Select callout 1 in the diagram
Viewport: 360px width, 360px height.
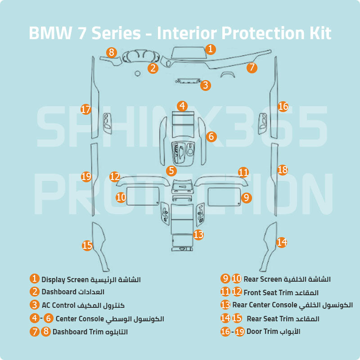click(210, 49)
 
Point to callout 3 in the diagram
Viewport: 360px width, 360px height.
click(205, 85)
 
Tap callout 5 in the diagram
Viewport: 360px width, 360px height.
click(171, 171)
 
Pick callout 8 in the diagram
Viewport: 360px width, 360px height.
click(112, 52)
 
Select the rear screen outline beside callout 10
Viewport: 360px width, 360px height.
click(142, 196)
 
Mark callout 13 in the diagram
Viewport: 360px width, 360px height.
click(198, 234)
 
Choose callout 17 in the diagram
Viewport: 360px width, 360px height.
click(86, 109)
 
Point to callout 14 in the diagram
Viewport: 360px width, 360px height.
click(282, 242)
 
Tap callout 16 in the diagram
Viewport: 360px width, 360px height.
click(283, 106)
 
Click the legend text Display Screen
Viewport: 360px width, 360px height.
click(63, 279)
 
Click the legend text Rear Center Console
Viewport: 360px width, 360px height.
click(265, 305)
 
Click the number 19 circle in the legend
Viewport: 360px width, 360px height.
click(240, 332)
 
